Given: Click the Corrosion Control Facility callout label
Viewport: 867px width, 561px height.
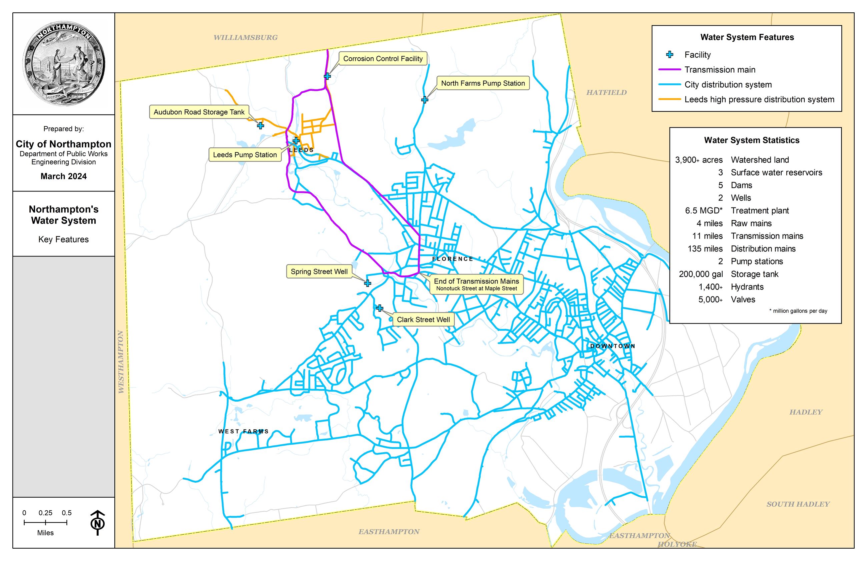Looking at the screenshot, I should pyautogui.click(x=383, y=59).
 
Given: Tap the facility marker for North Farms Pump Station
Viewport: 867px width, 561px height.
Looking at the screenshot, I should pyautogui.click(x=424, y=99).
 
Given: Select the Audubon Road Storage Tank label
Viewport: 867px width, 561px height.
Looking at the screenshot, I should pyautogui.click(x=199, y=112).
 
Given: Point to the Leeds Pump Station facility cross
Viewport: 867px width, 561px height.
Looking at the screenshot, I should pyautogui.click(x=296, y=141).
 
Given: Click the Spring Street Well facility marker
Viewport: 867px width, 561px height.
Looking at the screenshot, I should pyautogui.click(x=367, y=283).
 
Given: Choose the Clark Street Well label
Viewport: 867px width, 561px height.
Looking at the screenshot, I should pyautogui.click(x=423, y=320).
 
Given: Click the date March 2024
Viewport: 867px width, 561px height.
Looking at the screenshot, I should pyautogui.click(x=64, y=176).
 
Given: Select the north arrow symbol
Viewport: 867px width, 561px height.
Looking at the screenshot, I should pyautogui.click(x=98, y=523).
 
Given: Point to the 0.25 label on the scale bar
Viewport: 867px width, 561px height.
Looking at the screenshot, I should pyautogui.click(x=45, y=513).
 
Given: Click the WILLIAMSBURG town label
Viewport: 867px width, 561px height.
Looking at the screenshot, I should pyautogui.click(x=245, y=37).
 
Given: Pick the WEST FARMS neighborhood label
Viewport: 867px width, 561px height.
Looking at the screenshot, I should pyautogui.click(x=243, y=431).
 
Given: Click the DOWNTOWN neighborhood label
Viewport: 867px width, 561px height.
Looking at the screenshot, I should pyautogui.click(x=613, y=346).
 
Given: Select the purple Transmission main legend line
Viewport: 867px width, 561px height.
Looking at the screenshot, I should pyautogui.click(x=669, y=70).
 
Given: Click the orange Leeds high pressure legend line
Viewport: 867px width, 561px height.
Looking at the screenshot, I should pyautogui.click(x=669, y=99).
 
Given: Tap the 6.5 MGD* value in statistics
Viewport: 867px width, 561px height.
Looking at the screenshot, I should pyautogui.click(x=704, y=210).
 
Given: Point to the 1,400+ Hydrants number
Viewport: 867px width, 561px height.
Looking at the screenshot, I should pyautogui.click(x=710, y=287).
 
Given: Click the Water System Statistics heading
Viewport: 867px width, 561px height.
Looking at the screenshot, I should pyautogui.click(x=752, y=140).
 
